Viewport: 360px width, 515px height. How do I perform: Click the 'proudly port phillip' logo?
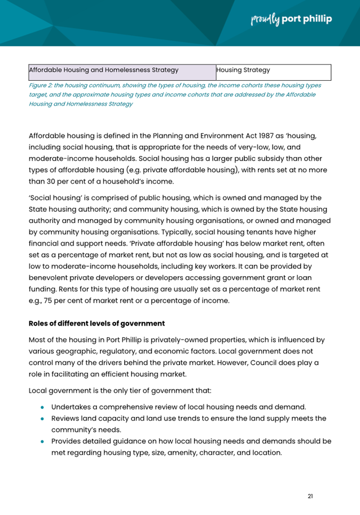tap(291, 19)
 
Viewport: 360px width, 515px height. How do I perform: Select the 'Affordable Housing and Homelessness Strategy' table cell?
tap(121, 71)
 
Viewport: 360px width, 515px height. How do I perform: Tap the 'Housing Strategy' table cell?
tap(272, 71)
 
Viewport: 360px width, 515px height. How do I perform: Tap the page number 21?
tap(310, 496)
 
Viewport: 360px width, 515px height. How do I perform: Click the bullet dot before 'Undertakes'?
tap(42, 407)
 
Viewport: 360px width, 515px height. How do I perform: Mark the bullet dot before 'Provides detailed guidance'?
tap(42, 441)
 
